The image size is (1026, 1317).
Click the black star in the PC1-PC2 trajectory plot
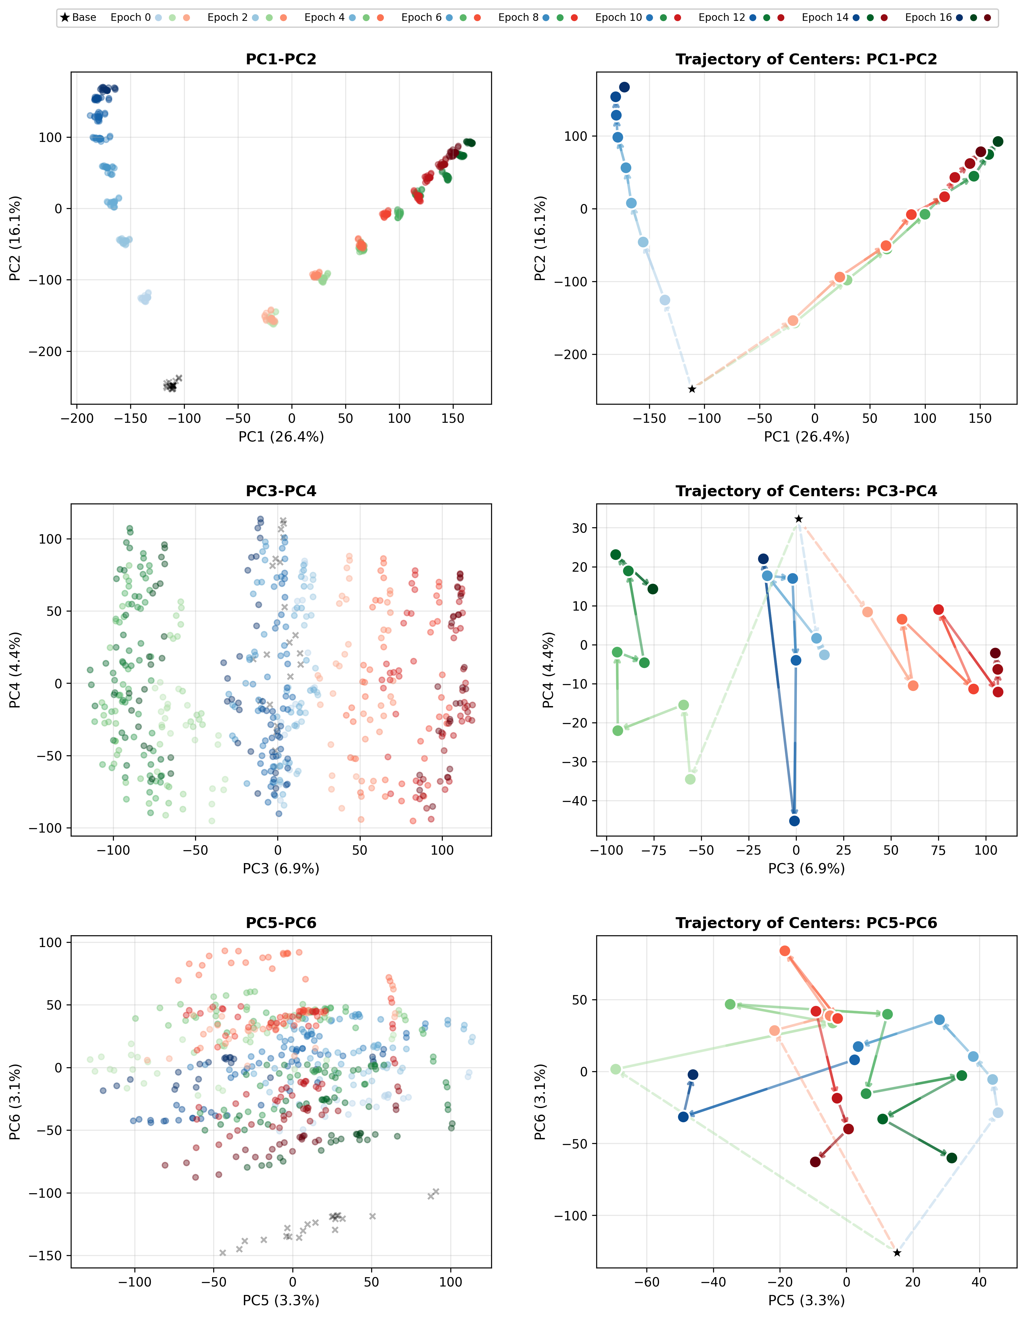point(692,389)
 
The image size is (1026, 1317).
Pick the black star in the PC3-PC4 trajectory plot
point(799,519)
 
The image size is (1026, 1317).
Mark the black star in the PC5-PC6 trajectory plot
point(897,1252)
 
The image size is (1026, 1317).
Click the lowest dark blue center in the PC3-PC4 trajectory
point(794,821)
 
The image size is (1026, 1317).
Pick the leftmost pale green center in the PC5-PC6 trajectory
point(615,1069)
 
